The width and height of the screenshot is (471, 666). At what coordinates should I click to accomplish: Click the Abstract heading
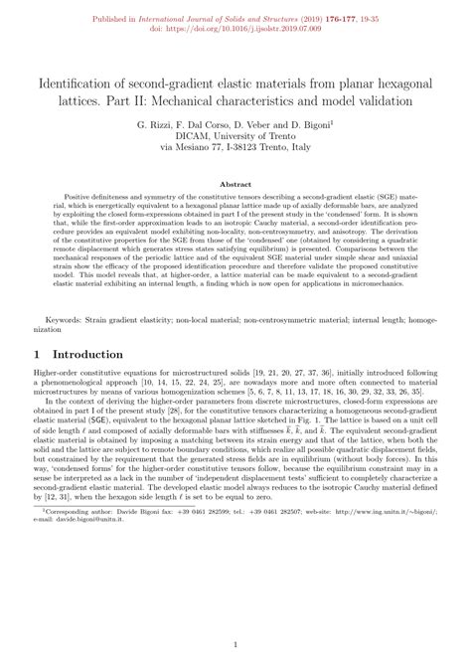pos(235,184)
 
